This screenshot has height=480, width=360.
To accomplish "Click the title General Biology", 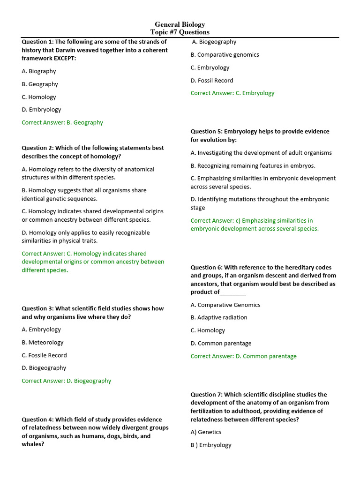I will (x=180, y=24).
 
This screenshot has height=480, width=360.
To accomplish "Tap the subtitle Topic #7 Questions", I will (x=180, y=32).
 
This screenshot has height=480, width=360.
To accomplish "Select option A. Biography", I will (x=39, y=71).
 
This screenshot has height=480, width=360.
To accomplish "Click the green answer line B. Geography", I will (x=62, y=122).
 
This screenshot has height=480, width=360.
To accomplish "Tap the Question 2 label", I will (x=37, y=148).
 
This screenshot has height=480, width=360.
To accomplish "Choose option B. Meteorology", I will (x=43, y=343).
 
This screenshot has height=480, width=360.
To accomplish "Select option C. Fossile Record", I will (x=45, y=355).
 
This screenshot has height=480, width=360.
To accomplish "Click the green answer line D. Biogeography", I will (x=67, y=381).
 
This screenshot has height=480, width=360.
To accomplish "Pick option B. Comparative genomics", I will (x=225, y=55).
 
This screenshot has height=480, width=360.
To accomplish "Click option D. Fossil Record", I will (x=212, y=81).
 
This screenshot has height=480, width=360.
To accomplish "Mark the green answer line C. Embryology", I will (x=232, y=93).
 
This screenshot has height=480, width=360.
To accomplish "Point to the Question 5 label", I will (x=206, y=132).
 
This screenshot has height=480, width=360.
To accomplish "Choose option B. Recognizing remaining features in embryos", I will (x=253, y=165).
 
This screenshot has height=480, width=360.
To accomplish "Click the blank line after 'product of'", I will (x=233, y=292).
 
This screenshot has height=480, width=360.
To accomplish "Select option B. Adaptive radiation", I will (x=219, y=317).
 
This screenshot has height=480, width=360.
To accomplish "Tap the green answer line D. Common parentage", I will (x=244, y=356).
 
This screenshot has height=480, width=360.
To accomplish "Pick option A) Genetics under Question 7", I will (x=206, y=432).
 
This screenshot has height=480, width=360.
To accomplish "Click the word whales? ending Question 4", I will (x=33, y=444).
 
